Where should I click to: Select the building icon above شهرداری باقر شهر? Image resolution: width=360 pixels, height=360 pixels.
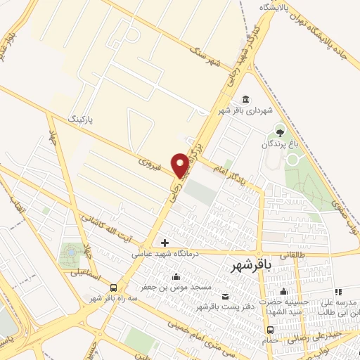click(x=244, y=99)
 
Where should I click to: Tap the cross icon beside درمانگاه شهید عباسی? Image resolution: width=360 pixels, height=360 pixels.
click(x=165, y=243)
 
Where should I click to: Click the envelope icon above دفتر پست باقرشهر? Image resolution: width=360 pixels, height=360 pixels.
click(x=224, y=296)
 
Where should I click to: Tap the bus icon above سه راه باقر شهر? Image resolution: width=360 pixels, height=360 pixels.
click(x=114, y=287)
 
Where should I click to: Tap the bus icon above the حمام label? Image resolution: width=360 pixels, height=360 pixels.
click(x=270, y=330)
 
